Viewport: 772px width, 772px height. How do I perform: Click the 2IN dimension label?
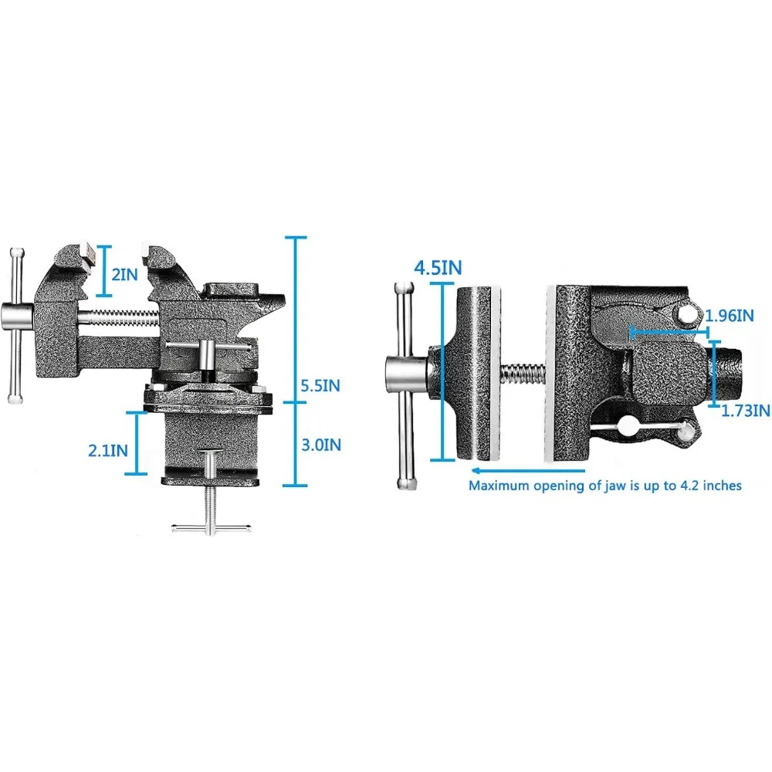coord(124,274)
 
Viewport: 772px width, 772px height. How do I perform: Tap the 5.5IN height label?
coord(320,385)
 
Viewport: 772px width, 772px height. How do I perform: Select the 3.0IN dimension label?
coord(321,445)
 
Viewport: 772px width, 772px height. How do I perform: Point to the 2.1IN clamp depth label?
coord(108,450)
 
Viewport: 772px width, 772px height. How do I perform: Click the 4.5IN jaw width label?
coord(438,269)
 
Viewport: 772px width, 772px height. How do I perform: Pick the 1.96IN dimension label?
coord(730,316)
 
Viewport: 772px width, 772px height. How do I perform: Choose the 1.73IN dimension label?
coord(746,410)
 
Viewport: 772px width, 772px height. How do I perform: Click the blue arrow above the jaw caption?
coord(528,471)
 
